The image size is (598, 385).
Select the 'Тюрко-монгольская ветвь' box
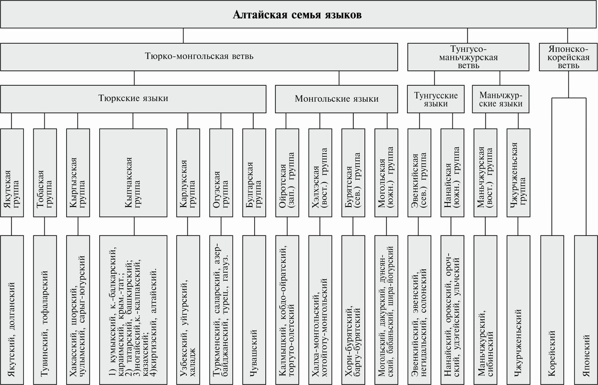(x=199, y=56)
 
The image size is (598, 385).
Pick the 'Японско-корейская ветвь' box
(x=568, y=56)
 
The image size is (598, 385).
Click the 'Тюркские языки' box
(x=133, y=99)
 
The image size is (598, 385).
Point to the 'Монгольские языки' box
(x=336, y=99)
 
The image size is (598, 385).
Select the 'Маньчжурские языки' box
(x=501, y=99)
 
